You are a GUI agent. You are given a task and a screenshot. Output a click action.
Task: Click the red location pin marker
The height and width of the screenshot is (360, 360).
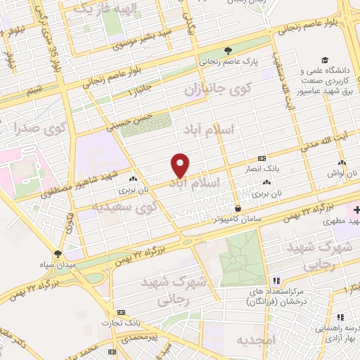pos(181,165)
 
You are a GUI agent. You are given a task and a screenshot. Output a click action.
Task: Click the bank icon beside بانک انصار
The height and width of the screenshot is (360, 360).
pos(262,158)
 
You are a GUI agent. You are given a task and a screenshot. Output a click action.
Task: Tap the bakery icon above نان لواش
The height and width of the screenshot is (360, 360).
pos(331,162)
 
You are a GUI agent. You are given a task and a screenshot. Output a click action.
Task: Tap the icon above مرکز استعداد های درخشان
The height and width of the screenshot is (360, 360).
pos(277,280)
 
